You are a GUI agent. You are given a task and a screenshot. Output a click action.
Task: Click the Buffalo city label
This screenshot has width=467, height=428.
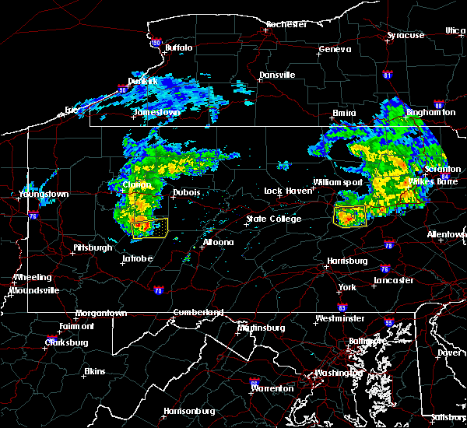point(179,47)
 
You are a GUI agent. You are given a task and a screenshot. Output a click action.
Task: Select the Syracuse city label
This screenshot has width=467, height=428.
point(406,35)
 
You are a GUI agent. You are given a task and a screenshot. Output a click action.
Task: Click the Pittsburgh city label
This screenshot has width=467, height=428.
point(93,247)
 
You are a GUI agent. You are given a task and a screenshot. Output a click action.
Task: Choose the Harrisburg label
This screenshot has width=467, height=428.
point(346,261)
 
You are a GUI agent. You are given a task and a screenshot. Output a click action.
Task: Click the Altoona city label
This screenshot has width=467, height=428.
point(218,242)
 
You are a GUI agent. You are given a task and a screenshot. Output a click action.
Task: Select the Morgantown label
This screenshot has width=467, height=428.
point(100,314)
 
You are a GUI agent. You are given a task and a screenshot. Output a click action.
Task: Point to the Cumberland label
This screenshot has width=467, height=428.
point(198,312)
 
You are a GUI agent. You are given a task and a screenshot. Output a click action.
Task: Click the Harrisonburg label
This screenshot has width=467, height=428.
point(189,410)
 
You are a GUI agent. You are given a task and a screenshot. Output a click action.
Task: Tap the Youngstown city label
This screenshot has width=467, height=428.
point(44,194)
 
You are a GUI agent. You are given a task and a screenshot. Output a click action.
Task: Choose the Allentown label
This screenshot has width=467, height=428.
point(447,234)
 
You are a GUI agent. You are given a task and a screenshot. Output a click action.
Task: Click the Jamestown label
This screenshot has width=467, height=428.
point(156,112)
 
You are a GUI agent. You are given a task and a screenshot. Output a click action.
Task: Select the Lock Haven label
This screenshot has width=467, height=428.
point(284,191)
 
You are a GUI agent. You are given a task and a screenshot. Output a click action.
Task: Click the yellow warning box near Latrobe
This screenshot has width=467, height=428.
point(149,227)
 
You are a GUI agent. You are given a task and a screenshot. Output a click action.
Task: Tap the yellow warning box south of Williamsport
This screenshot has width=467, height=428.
point(349,216)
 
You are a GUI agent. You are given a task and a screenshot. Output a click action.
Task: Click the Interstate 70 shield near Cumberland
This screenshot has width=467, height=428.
point(160,291)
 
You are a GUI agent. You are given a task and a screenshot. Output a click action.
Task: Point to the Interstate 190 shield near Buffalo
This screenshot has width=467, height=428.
point(156,44)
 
